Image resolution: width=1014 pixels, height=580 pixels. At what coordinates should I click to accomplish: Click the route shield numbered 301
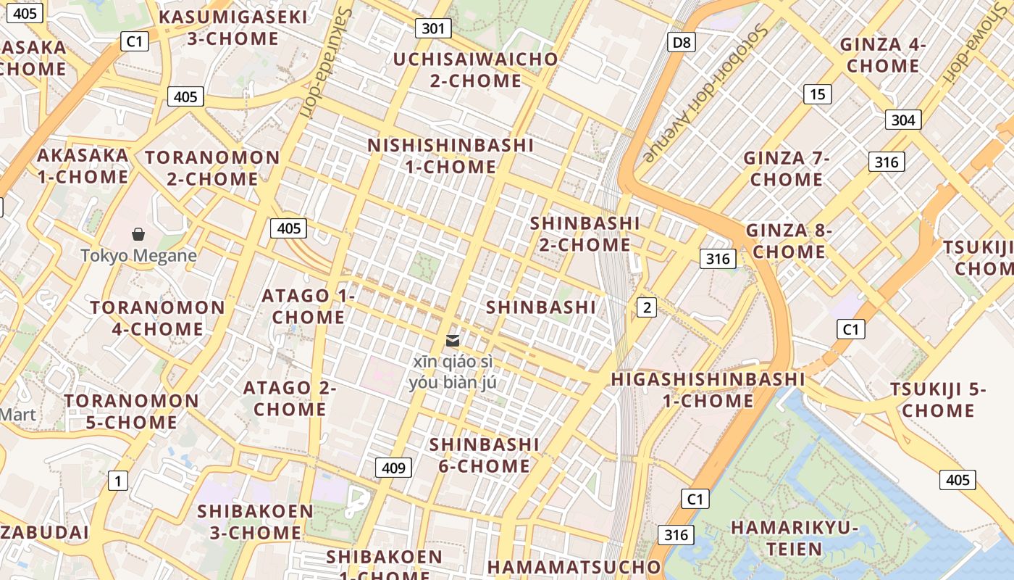point(433,28)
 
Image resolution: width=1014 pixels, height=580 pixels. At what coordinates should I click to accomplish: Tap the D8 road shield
point(682,42)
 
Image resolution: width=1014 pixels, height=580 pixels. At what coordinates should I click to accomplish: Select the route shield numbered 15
point(817,94)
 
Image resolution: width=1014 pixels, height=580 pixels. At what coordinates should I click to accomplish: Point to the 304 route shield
point(902,120)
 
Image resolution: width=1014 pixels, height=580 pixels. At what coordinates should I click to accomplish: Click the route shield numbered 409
point(393,468)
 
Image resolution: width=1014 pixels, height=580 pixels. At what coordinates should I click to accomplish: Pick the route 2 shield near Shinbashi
point(646,307)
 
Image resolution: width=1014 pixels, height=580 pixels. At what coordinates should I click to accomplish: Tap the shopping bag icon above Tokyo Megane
point(138,234)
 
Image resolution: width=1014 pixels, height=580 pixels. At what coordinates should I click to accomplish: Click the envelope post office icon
point(453,341)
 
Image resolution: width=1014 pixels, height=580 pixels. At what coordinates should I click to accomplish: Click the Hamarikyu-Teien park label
point(794,538)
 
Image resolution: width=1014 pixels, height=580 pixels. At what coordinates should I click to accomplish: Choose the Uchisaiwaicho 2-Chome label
point(476,70)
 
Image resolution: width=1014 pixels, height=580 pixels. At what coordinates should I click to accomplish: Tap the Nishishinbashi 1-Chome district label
point(451,156)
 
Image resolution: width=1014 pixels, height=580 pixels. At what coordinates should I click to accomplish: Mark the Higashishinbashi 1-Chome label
point(708,389)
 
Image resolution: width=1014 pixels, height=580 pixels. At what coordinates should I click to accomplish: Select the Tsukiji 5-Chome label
point(938,399)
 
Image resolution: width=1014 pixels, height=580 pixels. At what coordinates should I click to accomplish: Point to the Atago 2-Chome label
point(289,398)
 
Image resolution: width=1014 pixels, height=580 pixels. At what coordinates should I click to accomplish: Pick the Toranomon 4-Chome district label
point(157,318)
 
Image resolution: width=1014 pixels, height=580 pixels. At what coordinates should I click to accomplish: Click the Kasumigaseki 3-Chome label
point(233,28)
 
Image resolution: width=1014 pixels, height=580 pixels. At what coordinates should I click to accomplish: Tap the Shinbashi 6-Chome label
point(484,455)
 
